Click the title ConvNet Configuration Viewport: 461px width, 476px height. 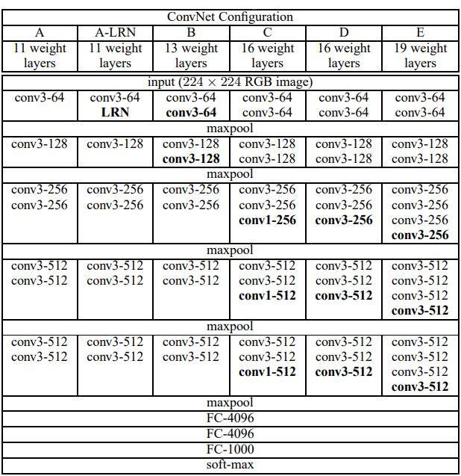(x=230, y=16)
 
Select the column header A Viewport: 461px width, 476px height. (x=40, y=32)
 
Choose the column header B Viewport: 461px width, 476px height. (x=191, y=32)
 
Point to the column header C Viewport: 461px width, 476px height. (x=267, y=32)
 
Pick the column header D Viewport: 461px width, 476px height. (x=343, y=32)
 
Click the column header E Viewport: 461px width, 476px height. (x=420, y=32)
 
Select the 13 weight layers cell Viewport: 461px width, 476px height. (x=191, y=55)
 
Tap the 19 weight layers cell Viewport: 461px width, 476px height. (x=420, y=55)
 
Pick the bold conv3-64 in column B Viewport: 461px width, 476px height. (x=191, y=112)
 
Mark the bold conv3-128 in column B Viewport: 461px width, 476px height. (x=191, y=158)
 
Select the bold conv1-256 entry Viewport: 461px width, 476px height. (x=267, y=220)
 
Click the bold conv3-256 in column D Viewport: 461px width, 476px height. (x=343, y=220)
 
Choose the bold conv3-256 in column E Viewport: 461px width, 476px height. (x=420, y=235)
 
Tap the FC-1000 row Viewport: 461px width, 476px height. (x=230, y=449)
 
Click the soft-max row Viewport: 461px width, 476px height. (x=230, y=465)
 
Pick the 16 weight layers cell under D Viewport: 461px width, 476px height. (x=343, y=55)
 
